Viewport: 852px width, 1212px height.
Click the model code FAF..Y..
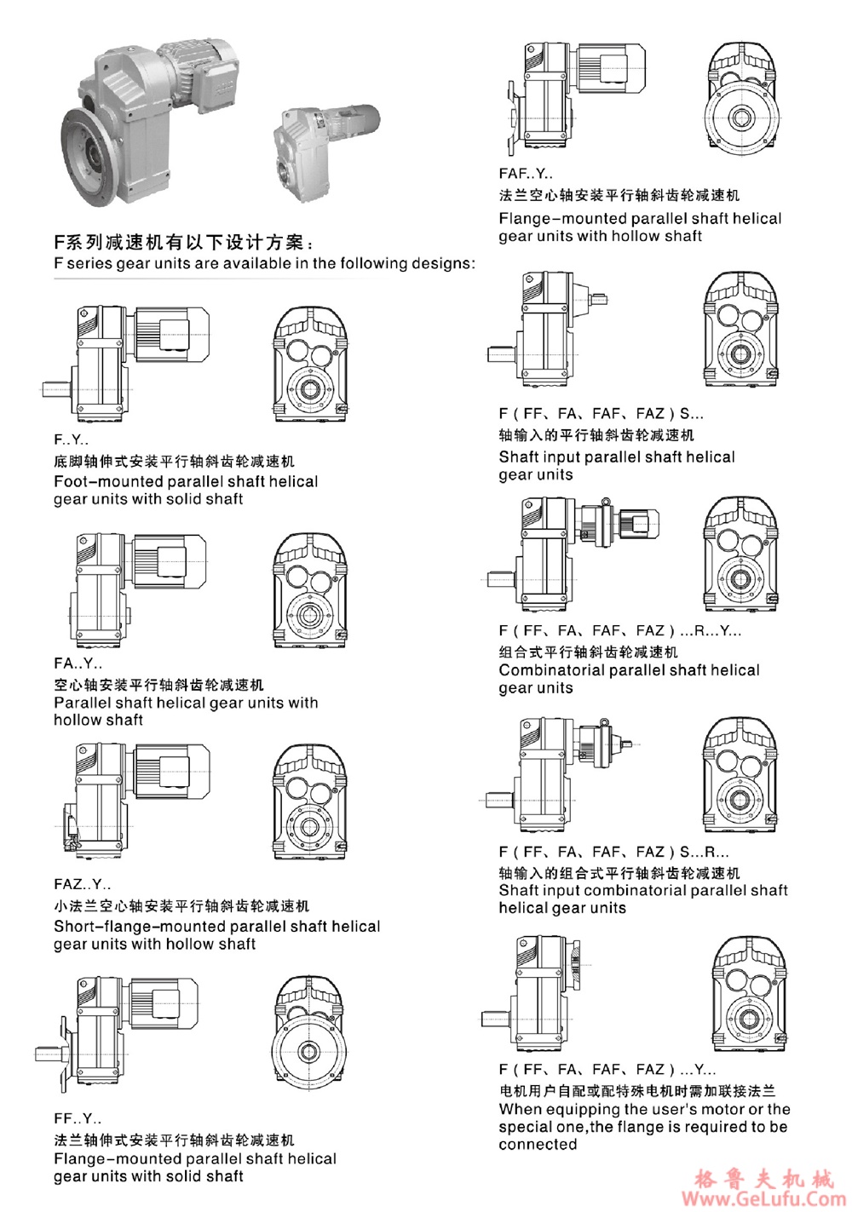pyautogui.click(x=526, y=174)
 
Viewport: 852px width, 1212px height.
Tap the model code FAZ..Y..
pyautogui.click(x=82, y=884)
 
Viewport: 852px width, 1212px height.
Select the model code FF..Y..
pyautogui.click(x=78, y=1118)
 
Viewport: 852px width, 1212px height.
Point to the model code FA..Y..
pyautogui.click(x=78, y=663)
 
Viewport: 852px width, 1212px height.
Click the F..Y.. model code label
pyautogui.click(x=71, y=439)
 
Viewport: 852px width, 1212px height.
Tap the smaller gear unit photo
pyautogui.click(x=324, y=145)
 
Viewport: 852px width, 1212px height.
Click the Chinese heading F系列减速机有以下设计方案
pyautogui.click(x=183, y=243)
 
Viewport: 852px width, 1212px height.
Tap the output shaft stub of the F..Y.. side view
pyautogui.click(x=55, y=389)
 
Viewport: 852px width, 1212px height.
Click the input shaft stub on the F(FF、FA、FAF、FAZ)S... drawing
pyautogui.click(x=599, y=299)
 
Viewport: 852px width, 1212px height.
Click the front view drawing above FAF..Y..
pyautogui.click(x=741, y=98)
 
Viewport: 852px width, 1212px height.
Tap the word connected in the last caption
pyautogui.click(x=538, y=1144)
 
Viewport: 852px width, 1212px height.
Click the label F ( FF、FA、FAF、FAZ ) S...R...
pyautogui.click(x=613, y=852)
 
